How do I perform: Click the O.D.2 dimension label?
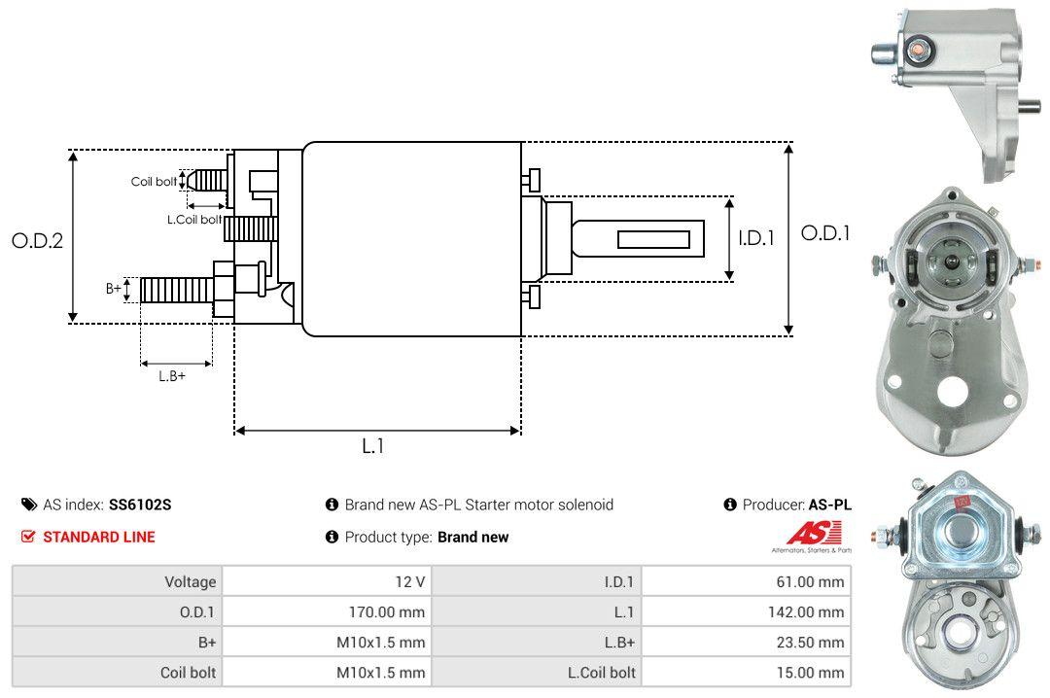coord(37,241)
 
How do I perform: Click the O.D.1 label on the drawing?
coord(825,233)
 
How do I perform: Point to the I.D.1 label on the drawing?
coord(755,237)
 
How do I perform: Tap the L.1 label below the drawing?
coord(374,446)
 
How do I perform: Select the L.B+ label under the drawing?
coord(172,375)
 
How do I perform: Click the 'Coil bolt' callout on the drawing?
coord(154,182)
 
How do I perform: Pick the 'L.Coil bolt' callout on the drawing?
coord(193,220)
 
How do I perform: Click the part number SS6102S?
coord(140,505)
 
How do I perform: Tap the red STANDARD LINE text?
coord(98,537)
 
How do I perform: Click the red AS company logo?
coord(807,533)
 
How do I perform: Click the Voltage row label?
coord(190,581)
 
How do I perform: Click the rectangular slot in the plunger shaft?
coord(654,239)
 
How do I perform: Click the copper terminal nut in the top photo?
coord(917,48)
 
